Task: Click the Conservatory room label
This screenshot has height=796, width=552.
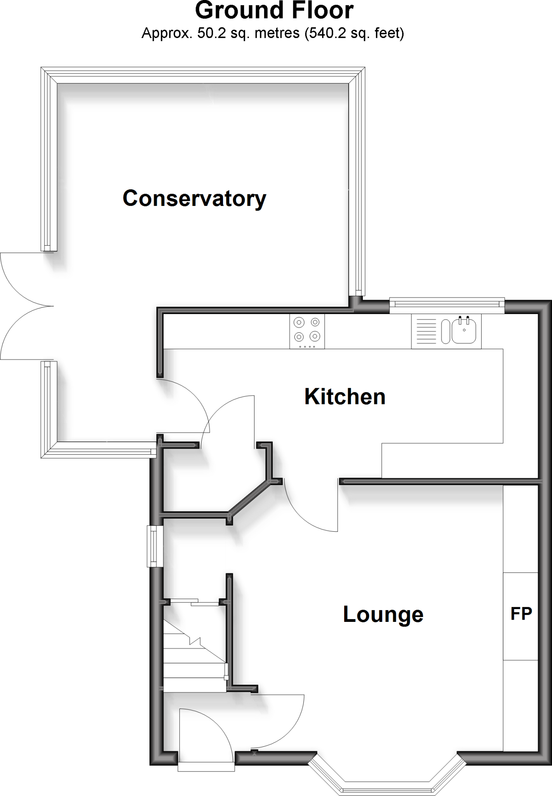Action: click(194, 199)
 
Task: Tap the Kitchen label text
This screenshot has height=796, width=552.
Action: click(345, 396)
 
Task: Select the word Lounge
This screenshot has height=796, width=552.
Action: click(383, 614)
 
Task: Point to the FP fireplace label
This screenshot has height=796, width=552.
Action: click(521, 614)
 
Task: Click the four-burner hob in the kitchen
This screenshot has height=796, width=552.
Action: click(307, 332)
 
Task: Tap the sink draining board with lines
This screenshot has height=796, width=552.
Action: click(426, 331)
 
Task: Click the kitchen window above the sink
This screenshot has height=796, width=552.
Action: click(447, 305)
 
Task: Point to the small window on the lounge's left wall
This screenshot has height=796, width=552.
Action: click(155, 546)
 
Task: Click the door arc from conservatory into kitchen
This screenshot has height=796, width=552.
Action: click(190, 400)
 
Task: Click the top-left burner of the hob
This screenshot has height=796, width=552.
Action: click(299, 322)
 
